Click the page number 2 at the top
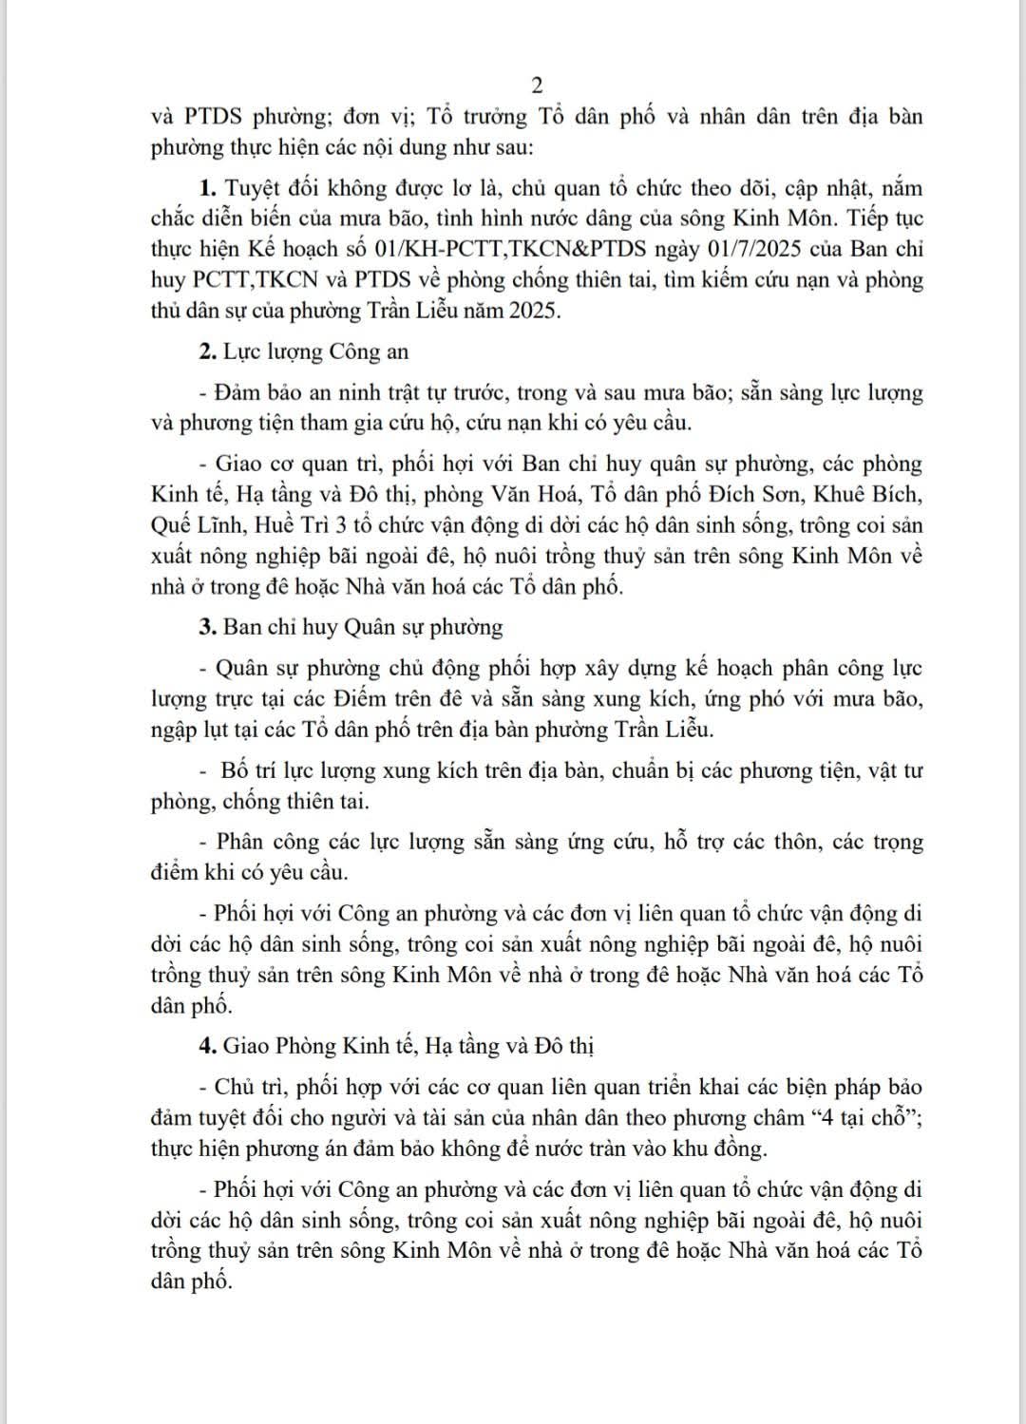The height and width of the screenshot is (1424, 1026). tap(537, 85)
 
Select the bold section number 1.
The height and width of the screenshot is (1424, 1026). tap(205, 188)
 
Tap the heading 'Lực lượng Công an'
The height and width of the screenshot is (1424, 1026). tap(316, 351)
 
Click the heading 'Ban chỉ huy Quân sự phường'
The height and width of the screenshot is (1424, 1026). tap(363, 627)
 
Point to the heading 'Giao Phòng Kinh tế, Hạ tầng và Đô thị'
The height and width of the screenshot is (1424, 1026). tap(408, 1046)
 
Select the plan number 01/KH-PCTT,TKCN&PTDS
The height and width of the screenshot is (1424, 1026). tap(511, 250)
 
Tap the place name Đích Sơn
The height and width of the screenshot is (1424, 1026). tap(762, 495)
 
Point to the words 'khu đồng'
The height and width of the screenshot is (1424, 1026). tap(719, 1149)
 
